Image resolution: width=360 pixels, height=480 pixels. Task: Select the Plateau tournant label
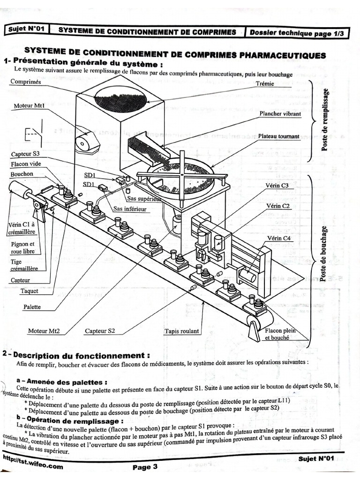tap(278, 137)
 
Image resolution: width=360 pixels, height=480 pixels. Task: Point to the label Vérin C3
tap(281, 186)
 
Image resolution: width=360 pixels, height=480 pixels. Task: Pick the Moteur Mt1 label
tap(29, 106)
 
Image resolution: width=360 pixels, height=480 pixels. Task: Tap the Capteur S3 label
tap(25, 154)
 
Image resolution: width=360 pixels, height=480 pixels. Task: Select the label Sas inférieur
tap(130, 209)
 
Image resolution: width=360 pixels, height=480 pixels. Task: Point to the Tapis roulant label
tap(182, 331)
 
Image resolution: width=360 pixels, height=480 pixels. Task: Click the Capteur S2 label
tap(100, 331)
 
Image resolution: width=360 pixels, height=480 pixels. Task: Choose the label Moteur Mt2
tap(44, 331)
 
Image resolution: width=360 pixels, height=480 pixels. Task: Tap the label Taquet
tap(29, 291)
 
